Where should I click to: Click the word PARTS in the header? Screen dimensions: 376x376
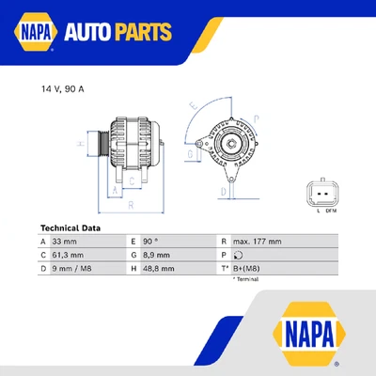[144, 34]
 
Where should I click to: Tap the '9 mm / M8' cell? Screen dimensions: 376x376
[71, 268]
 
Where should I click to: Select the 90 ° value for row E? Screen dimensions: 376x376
[152, 242]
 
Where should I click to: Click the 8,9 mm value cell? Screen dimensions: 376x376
[156, 255]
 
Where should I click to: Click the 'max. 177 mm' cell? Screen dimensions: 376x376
[256, 242]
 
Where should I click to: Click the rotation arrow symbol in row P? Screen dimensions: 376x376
[238, 255]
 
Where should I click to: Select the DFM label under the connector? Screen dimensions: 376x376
[331, 211]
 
